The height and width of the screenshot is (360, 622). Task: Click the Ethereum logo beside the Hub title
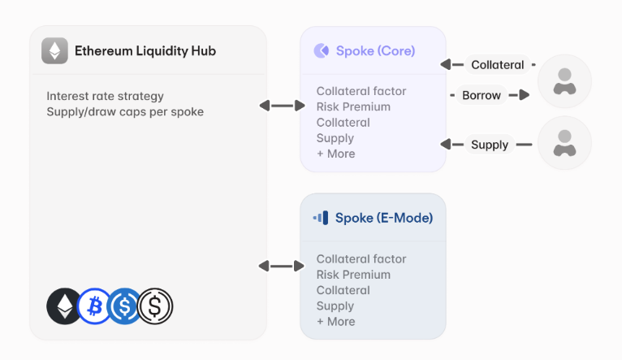pos(55,51)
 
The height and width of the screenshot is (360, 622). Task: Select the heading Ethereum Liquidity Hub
pos(145,51)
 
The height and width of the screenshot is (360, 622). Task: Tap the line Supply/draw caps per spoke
pos(125,111)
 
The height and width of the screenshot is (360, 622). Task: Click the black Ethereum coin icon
pos(64,306)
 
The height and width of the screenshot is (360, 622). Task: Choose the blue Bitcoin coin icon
pos(94,306)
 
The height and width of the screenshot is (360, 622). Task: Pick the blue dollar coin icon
pos(124,306)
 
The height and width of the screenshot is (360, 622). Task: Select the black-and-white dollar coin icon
pos(155,306)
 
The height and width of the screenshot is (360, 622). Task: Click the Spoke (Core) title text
pos(375,51)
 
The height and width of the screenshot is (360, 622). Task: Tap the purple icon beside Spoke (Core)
pos(321,51)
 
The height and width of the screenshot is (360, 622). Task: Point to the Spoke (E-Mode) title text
pos(383,218)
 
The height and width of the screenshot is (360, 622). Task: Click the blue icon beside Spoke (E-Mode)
pos(321,218)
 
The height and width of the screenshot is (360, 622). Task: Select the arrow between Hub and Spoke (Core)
pos(277,106)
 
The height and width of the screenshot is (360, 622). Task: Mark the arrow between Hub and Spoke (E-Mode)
pos(277,266)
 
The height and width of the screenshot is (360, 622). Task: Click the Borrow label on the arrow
pos(482,95)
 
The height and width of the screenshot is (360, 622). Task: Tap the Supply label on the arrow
pos(490,145)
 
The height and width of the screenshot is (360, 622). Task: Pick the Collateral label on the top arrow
pos(496,65)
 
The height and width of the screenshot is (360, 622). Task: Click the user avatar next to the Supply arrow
pos(564,144)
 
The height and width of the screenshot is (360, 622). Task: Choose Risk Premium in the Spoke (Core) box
pos(353,106)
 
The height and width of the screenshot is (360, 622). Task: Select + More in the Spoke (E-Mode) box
pos(335,321)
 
